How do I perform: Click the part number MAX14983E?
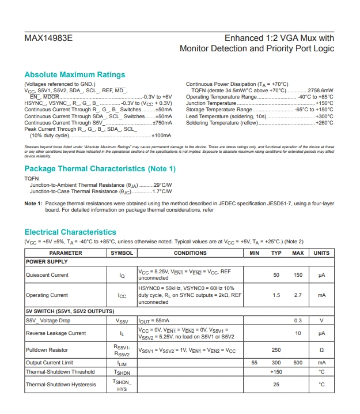[x=48, y=39]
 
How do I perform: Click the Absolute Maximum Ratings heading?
[x=74, y=75]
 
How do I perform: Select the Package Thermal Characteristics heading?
[x=100, y=169]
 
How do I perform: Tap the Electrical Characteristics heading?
[x=70, y=232]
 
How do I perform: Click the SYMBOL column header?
[x=122, y=253]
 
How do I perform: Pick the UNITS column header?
[x=321, y=253]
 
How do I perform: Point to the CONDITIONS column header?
[x=190, y=253]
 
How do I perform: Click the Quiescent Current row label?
[x=47, y=275]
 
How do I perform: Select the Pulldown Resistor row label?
[x=48, y=350]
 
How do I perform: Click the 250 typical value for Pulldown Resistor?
[x=276, y=350]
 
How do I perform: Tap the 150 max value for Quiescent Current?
[x=298, y=275]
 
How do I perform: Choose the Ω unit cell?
[x=321, y=350]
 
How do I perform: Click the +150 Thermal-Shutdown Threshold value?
[x=276, y=372]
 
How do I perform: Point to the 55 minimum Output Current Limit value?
[x=255, y=363]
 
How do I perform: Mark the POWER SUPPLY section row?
[x=47, y=262]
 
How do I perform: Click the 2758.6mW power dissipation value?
[x=319, y=91]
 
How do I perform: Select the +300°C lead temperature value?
[x=324, y=116]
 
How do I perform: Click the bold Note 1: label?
[x=33, y=204]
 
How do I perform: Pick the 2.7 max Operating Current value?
[x=298, y=295]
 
